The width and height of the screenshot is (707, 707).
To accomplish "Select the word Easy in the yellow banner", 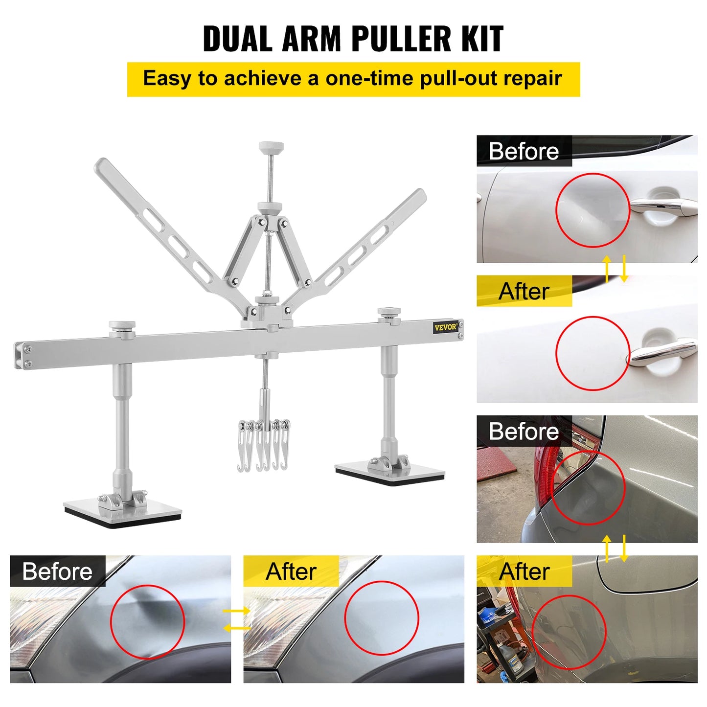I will pos(167,79).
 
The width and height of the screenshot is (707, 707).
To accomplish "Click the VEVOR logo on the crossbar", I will pos(445,327).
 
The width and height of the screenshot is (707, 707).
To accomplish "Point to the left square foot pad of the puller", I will pos(122,511).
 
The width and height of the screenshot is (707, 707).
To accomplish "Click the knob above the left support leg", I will pos(122,326).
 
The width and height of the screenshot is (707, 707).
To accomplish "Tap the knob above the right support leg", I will pos(389,312).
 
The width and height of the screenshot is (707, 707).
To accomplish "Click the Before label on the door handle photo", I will pos(524,151).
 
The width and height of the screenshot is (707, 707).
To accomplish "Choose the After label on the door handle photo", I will pos(524,291).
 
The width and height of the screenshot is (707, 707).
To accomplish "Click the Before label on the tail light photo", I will pos(524,432).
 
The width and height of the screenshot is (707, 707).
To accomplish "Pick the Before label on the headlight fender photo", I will pos(57,571).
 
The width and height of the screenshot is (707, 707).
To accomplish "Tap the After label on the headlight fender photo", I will pos(291,571).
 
